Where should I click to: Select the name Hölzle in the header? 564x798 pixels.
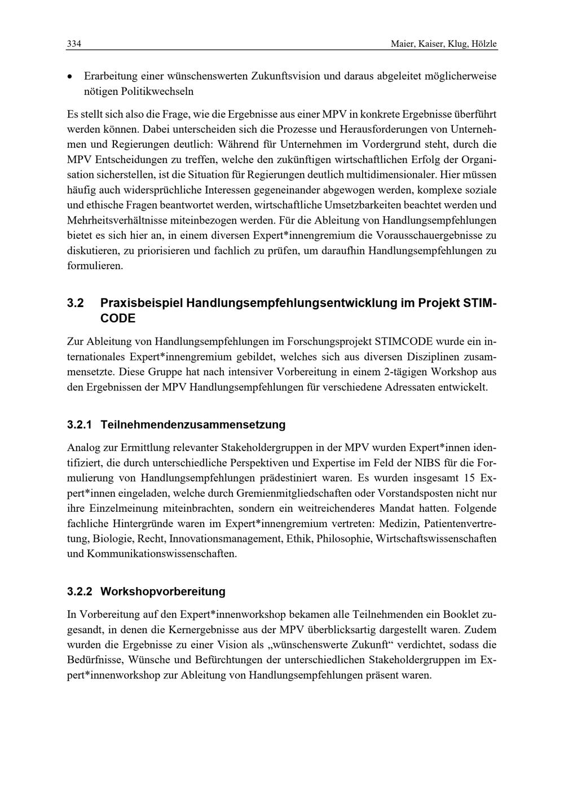[x=484, y=44]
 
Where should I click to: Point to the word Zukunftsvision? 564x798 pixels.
[x=285, y=76]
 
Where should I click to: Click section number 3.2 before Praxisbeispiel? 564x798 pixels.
[x=76, y=303]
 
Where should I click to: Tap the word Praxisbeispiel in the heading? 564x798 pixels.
[x=142, y=303]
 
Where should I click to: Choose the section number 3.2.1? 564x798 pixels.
[x=79, y=424]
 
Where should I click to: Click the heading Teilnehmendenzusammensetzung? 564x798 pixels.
[x=193, y=424]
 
